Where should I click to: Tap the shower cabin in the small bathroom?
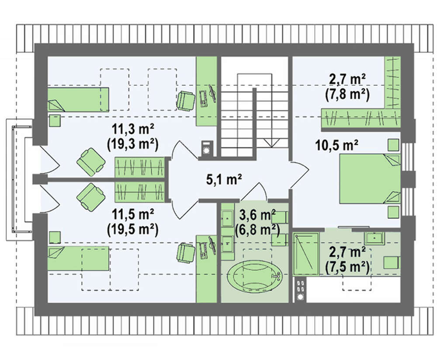point(306,254)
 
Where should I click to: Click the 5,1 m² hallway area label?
point(224,179)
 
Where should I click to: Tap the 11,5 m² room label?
point(133,214)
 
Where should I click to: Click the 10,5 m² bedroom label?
point(336,145)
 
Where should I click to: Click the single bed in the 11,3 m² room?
point(78,99)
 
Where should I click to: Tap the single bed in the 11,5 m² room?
point(78,258)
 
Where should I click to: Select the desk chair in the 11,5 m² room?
point(186,253)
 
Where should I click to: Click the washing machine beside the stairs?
point(207,148)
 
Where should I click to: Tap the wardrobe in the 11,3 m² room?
point(139,167)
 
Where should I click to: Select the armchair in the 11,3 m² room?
point(91,162)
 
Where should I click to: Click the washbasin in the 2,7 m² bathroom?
point(375,238)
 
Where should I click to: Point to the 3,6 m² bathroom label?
point(258,216)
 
